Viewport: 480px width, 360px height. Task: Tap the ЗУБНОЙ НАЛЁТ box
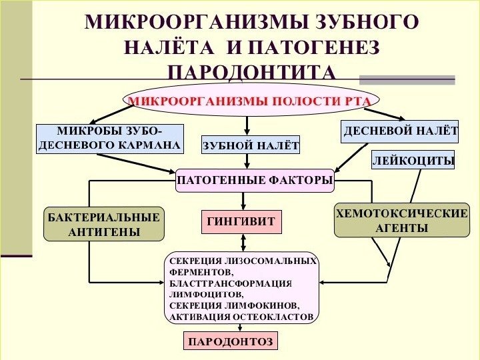pyautogui.click(x=251, y=145)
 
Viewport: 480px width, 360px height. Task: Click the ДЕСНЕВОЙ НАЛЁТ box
pyautogui.click(x=400, y=131)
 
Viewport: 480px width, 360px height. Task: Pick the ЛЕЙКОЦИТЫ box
pyautogui.click(x=413, y=161)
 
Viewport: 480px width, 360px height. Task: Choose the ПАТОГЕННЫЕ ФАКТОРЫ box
pyautogui.click(x=255, y=180)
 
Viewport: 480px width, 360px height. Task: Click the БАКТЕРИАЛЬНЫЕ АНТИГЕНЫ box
pyautogui.click(x=103, y=224)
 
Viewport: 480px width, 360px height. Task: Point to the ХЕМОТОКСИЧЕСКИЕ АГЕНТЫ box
pyautogui.click(x=402, y=221)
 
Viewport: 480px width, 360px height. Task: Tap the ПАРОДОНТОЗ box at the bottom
pyautogui.click(x=231, y=342)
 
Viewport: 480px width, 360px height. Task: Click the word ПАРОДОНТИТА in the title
pyautogui.click(x=251, y=71)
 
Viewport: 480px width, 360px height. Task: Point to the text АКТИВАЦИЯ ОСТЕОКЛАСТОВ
pyautogui.click(x=241, y=317)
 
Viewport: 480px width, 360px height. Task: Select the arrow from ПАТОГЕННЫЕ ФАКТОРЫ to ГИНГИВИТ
pyautogui.click(x=243, y=201)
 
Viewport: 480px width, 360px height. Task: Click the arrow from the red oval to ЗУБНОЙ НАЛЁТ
pyautogui.click(x=247, y=125)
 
